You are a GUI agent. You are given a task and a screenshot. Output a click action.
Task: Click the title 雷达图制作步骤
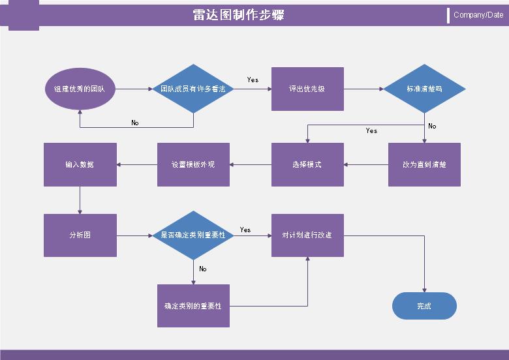[x=238, y=15]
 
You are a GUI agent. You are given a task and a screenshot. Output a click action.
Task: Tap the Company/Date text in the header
[x=478, y=15]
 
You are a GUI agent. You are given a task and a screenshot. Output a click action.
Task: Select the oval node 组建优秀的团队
[x=80, y=89]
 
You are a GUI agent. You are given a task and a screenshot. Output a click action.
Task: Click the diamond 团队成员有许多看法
[x=193, y=89]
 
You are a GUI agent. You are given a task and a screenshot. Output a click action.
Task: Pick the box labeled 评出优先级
[x=307, y=89]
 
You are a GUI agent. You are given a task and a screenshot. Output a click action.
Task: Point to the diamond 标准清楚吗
[x=424, y=89]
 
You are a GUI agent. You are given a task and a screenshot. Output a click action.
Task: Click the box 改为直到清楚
[x=424, y=164]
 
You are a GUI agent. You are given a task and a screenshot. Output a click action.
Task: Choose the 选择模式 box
[x=307, y=164]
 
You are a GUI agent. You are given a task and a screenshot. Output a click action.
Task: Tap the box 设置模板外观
[x=193, y=164]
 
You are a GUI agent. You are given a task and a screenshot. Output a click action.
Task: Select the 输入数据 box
[x=80, y=164]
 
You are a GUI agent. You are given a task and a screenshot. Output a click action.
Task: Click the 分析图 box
[x=80, y=235]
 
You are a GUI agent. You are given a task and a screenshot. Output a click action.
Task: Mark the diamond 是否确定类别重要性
[x=193, y=235]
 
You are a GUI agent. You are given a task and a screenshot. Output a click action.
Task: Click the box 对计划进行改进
[x=307, y=235]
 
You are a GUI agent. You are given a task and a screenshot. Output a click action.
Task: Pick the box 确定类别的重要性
[x=193, y=305]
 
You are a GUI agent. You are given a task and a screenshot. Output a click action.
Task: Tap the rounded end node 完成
[x=424, y=305]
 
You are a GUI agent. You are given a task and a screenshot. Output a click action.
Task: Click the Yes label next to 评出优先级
[x=253, y=80]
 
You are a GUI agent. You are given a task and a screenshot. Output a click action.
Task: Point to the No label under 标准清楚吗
[x=432, y=126]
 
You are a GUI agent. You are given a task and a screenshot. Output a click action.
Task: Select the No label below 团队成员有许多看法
[x=135, y=123]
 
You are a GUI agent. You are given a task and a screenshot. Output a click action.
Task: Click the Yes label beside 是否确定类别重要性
[x=245, y=230]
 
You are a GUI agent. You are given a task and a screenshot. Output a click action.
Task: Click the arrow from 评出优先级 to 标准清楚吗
[x=363, y=89]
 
